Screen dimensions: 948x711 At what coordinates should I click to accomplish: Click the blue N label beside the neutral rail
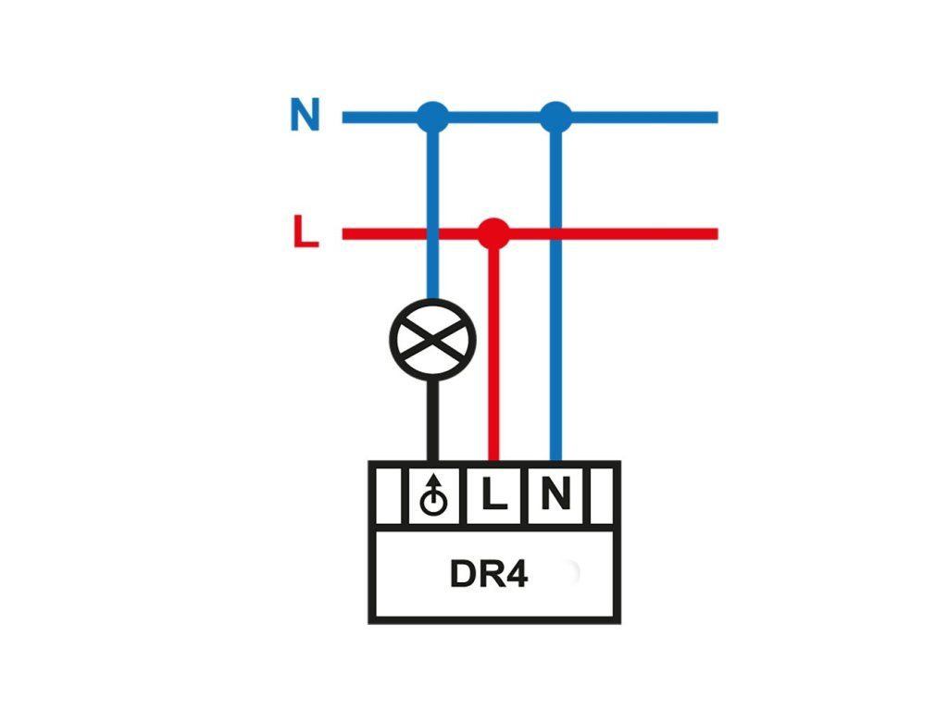click(305, 116)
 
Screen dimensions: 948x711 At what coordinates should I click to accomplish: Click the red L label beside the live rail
click(306, 232)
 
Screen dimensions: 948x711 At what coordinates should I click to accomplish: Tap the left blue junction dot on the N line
click(432, 117)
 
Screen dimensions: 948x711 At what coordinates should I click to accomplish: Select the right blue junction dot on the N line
click(555, 117)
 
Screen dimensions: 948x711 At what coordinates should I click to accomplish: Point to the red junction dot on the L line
click(493, 232)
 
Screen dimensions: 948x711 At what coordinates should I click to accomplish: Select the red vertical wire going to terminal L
click(493, 352)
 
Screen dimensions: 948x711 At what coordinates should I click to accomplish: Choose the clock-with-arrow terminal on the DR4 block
click(432, 496)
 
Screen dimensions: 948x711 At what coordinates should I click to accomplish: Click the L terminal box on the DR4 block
click(494, 496)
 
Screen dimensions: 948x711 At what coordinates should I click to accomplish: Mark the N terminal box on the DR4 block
click(555, 496)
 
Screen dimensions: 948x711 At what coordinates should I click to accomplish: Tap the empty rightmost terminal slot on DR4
click(602, 496)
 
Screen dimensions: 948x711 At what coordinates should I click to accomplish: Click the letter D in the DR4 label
click(463, 575)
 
